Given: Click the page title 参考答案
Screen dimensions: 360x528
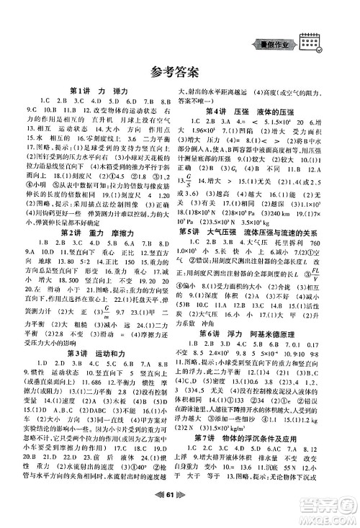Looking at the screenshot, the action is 179,71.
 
